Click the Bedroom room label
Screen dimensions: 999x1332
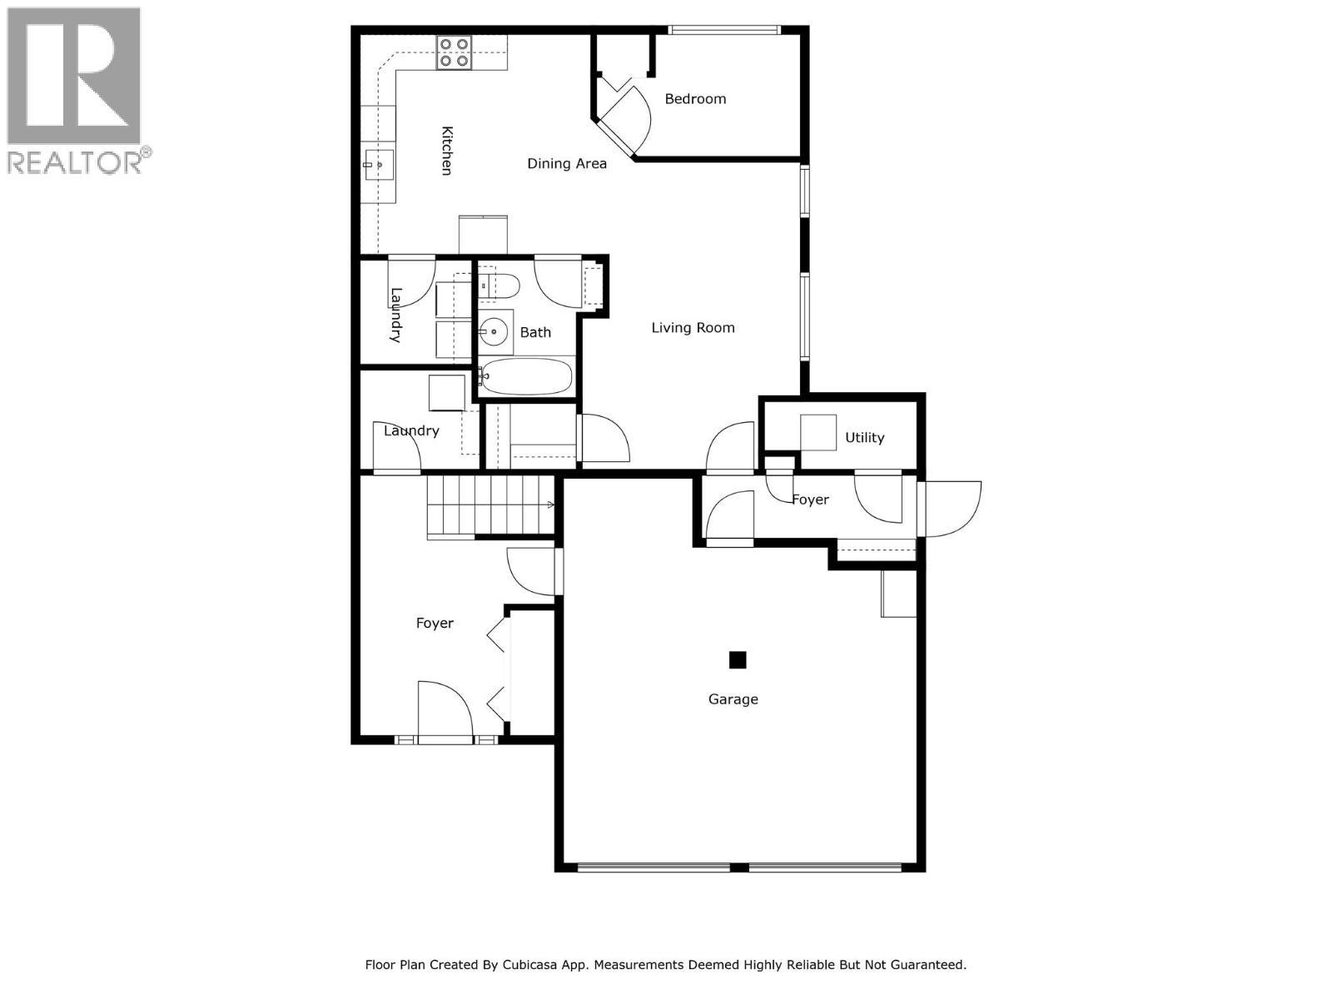695,99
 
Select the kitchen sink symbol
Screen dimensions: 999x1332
378,165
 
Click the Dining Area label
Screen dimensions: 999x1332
567,164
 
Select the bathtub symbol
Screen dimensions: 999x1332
527,378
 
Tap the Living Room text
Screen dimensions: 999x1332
693,328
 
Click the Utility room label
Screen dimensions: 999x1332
864,438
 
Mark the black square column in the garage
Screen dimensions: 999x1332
738,660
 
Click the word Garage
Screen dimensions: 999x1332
733,699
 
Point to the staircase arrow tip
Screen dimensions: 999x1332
552,504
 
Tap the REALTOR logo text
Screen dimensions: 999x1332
75,162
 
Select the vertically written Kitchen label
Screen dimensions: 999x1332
447,151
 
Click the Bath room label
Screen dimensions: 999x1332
535,333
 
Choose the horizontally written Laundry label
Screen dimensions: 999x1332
411,431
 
